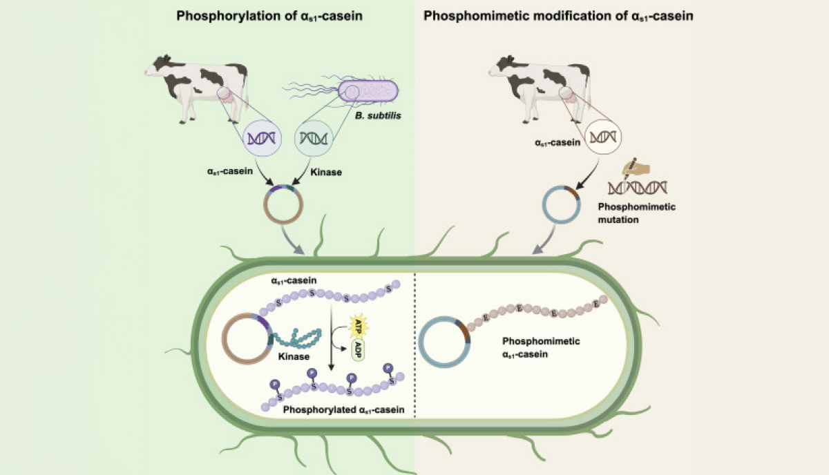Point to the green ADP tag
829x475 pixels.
tap(359, 347)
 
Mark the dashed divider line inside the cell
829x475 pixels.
tap(414, 345)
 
